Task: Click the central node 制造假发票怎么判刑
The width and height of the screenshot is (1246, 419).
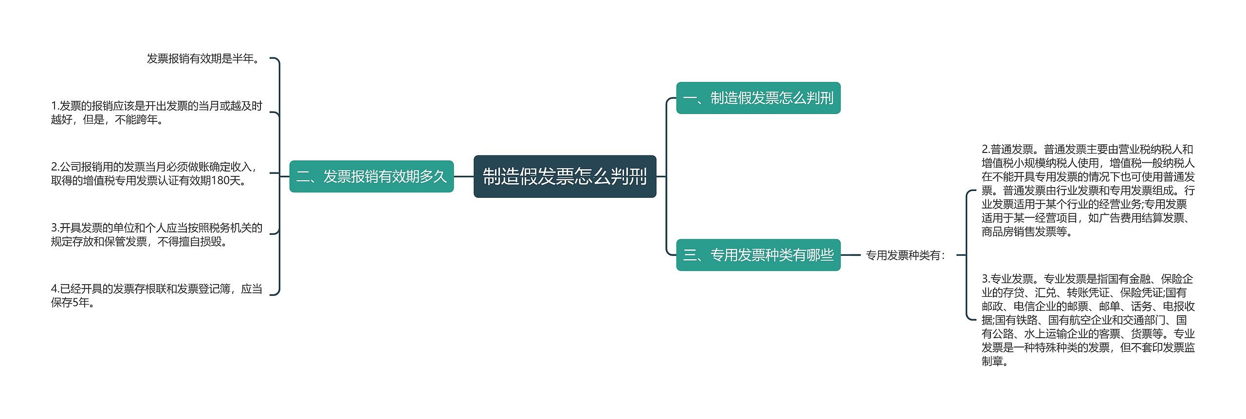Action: [565, 176]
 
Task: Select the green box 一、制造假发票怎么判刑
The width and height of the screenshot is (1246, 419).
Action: [758, 98]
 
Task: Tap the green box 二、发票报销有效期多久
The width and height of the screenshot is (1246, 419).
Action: [371, 176]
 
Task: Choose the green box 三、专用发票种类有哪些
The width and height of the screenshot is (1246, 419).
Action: [758, 255]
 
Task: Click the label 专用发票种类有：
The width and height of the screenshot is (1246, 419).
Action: [905, 255]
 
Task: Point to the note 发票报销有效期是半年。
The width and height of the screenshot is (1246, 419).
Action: [204, 59]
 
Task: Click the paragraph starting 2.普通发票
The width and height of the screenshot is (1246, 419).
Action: [1088, 190]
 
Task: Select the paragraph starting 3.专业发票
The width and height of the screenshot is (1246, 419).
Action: [1088, 320]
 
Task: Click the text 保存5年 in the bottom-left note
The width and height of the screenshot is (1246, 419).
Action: [70, 303]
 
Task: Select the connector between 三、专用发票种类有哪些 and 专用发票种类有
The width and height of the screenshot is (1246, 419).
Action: [851, 255]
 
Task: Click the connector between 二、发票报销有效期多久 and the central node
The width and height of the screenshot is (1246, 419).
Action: [463, 176]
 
